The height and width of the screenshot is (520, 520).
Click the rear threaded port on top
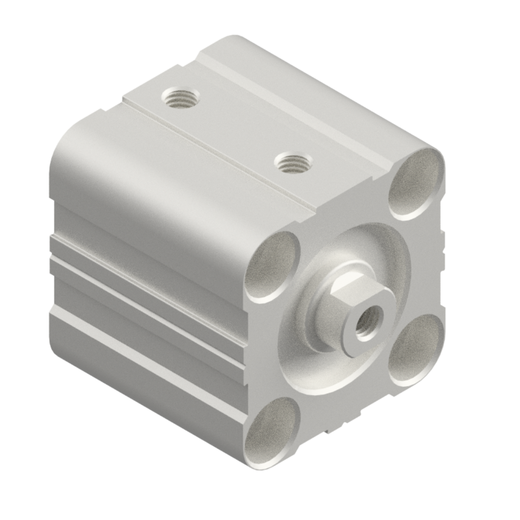[180, 97]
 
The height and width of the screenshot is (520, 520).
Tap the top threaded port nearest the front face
[293, 162]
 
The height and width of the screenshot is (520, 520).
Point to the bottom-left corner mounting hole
[272, 432]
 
